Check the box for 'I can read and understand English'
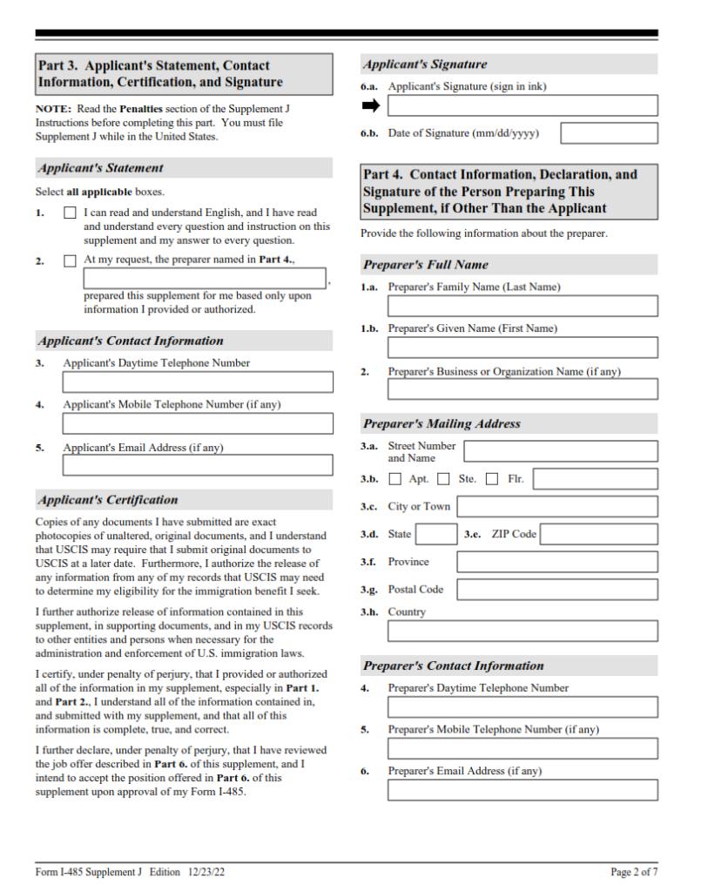70,213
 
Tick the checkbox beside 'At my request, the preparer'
70,260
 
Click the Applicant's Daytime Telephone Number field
198,382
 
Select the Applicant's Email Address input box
198,464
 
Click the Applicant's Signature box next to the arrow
523,106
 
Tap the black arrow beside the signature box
371,105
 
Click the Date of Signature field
609,133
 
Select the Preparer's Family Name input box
523,306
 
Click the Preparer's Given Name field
523,348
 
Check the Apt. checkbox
395,479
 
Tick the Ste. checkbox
443,479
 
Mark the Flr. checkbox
492,479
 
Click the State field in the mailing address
435,534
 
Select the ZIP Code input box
599,534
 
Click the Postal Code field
557,590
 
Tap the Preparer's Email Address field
523,790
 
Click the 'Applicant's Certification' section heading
108,500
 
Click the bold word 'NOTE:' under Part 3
52,109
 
